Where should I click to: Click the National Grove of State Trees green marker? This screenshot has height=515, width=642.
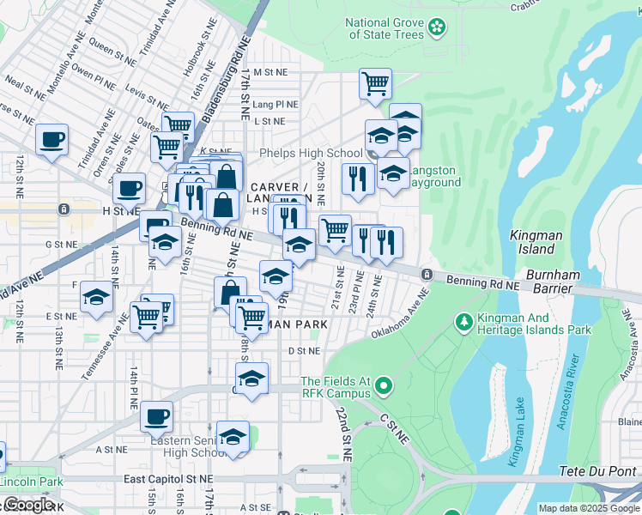[x=438, y=27]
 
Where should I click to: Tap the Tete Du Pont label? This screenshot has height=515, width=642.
[x=598, y=470]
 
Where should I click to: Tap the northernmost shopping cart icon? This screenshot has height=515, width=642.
[x=375, y=84]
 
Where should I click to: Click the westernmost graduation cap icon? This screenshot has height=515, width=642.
[x=97, y=298]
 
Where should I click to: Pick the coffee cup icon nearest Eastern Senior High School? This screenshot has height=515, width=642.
[x=156, y=417]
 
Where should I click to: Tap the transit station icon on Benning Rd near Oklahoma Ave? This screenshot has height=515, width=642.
[x=427, y=274]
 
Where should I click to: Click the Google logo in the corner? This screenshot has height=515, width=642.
[x=28, y=505]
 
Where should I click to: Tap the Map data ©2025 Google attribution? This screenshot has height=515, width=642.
[x=588, y=508]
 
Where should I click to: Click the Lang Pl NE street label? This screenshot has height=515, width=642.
[x=276, y=105]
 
